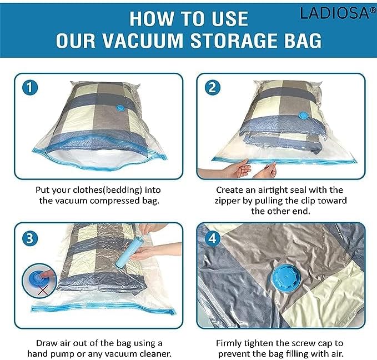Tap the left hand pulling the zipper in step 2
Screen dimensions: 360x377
(x=236, y=168)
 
